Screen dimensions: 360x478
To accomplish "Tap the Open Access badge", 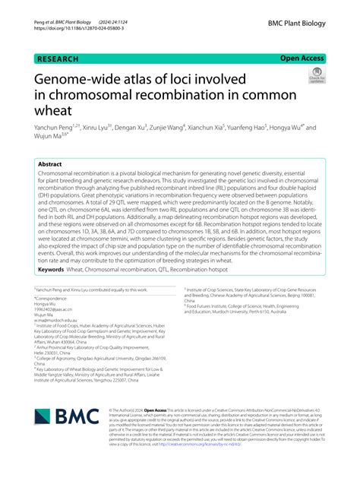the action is tap(303, 58).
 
